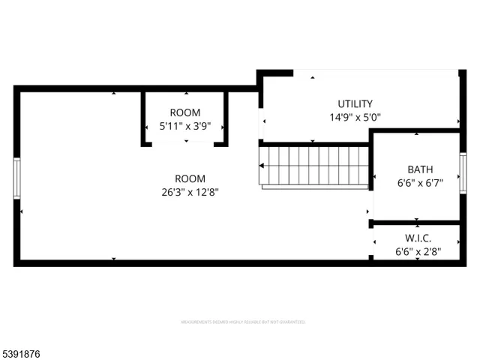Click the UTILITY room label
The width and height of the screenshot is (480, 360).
(x=355, y=103)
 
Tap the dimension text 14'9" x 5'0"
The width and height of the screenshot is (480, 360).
(x=355, y=117)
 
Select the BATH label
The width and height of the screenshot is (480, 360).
(x=420, y=169)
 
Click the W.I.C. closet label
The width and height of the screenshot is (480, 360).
(x=418, y=238)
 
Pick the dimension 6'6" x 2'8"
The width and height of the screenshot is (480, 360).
(x=418, y=251)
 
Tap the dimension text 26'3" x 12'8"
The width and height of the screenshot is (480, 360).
(x=190, y=192)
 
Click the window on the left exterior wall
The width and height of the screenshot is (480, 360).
(x=17, y=178)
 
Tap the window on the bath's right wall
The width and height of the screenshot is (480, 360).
(x=463, y=172)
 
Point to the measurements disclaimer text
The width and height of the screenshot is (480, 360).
(x=242, y=322)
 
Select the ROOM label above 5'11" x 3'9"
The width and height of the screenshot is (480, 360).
(x=184, y=112)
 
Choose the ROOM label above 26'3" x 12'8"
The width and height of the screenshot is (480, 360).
(x=190, y=178)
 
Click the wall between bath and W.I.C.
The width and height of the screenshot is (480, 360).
(x=416, y=223)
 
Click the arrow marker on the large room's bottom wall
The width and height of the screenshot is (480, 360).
(x=114, y=259)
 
